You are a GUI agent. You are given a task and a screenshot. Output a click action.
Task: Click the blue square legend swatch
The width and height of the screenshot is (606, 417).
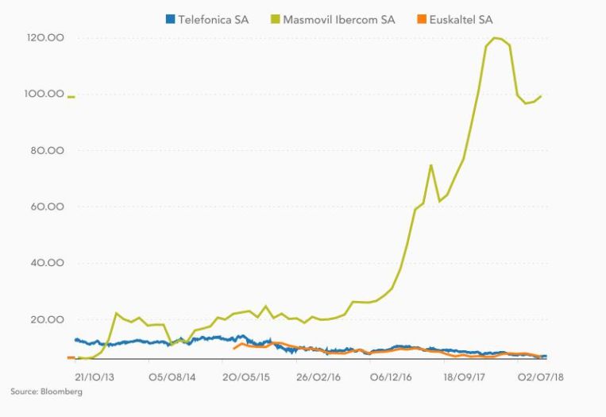click(169, 19)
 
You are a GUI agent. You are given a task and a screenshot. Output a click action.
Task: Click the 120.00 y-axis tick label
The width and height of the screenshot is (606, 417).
click(45, 38)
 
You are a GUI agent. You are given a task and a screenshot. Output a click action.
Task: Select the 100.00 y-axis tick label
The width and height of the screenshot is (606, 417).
click(45, 95)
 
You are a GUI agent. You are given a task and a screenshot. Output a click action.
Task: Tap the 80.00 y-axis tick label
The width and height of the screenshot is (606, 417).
click(48, 151)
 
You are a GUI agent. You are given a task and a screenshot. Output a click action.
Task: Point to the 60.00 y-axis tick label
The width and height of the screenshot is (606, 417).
click(48, 207)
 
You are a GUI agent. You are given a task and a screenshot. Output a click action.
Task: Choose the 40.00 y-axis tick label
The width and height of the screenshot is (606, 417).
click(48, 264)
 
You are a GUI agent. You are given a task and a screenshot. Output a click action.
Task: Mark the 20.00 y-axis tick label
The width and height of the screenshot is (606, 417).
click(48, 319)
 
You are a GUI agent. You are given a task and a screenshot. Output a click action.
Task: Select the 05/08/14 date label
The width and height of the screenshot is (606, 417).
click(172, 373)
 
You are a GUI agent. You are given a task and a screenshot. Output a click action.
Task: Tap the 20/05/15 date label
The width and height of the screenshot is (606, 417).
click(247, 373)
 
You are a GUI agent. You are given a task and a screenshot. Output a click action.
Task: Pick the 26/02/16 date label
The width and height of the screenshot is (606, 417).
click(321, 373)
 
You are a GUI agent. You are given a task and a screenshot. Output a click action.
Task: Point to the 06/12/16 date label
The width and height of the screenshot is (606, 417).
click(395, 373)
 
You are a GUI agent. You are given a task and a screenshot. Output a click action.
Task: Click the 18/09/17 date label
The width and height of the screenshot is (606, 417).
click(469, 373)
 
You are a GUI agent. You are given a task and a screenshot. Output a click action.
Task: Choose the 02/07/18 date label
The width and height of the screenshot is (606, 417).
click(542, 373)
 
